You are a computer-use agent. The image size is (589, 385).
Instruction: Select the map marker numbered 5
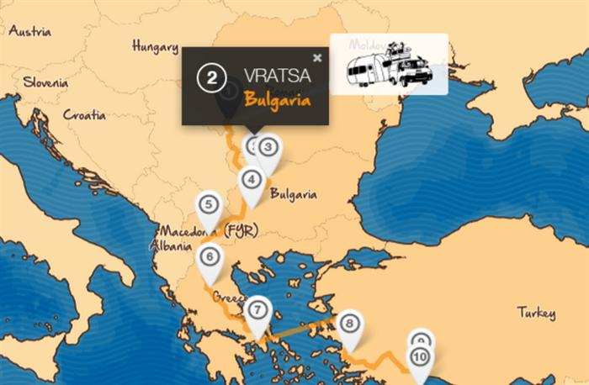tap(209, 204)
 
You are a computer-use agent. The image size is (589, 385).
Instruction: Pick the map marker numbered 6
tap(210, 257)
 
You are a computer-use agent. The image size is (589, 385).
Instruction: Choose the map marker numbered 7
tap(258, 309)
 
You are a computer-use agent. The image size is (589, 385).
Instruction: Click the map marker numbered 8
tap(351, 323)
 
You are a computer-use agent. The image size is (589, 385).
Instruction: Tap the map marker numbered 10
tap(420, 358)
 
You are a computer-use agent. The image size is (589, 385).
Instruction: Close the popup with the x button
tap(317, 58)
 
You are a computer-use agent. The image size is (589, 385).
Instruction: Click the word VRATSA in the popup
tap(277, 76)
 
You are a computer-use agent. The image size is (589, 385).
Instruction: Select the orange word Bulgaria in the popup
tap(277, 99)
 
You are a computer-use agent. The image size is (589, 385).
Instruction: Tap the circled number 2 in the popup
tap(212, 78)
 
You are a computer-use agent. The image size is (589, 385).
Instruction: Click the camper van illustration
tap(389, 64)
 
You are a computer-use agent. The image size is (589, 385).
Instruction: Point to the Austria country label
tap(29, 31)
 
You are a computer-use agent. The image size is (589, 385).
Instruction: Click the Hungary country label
tap(155, 48)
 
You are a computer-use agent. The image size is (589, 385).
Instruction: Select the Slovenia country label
tap(46, 82)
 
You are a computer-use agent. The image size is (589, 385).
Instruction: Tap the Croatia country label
tap(84, 114)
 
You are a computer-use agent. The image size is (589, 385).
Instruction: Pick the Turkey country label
tap(536, 314)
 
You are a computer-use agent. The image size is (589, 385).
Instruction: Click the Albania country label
tap(164, 246)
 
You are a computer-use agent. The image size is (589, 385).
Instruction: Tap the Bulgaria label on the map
tap(293, 194)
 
